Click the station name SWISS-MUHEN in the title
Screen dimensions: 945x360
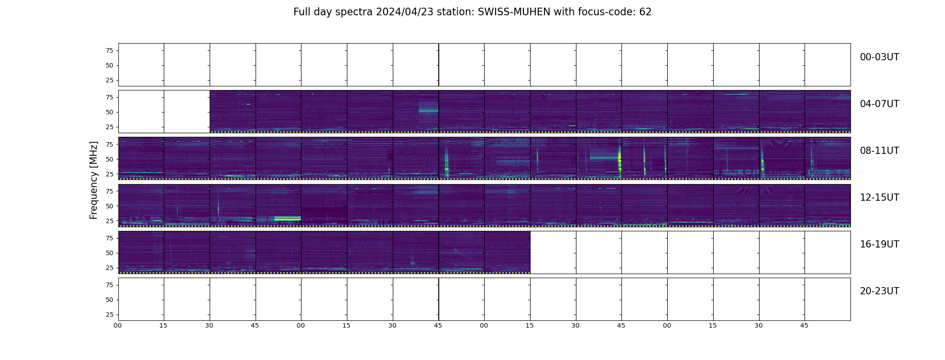point(514,12)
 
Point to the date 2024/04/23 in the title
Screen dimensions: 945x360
point(405,12)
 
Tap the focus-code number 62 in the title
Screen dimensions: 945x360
point(645,12)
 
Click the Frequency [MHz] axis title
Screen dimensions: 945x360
point(94,180)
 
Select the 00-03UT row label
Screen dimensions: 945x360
point(879,57)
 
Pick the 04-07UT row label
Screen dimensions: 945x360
point(879,104)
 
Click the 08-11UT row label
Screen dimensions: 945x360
point(879,151)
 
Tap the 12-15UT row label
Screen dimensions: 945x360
point(879,198)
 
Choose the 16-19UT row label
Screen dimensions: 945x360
point(879,244)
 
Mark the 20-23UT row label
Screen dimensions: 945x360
point(879,291)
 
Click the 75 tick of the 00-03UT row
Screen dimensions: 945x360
point(109,50)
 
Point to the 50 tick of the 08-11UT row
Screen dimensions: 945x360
point(109,159)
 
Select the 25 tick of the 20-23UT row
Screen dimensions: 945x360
point(109,315)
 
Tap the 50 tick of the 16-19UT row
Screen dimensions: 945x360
point(109,253)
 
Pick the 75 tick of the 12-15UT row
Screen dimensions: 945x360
point(109,191)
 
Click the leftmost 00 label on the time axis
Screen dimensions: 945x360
point(117,325)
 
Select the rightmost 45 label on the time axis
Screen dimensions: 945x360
point(804,325)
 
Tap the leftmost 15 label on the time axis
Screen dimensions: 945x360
point(163,325)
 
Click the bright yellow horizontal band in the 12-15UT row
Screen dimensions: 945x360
point(288,218)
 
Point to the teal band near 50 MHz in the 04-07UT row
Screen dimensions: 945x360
point(428,110)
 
